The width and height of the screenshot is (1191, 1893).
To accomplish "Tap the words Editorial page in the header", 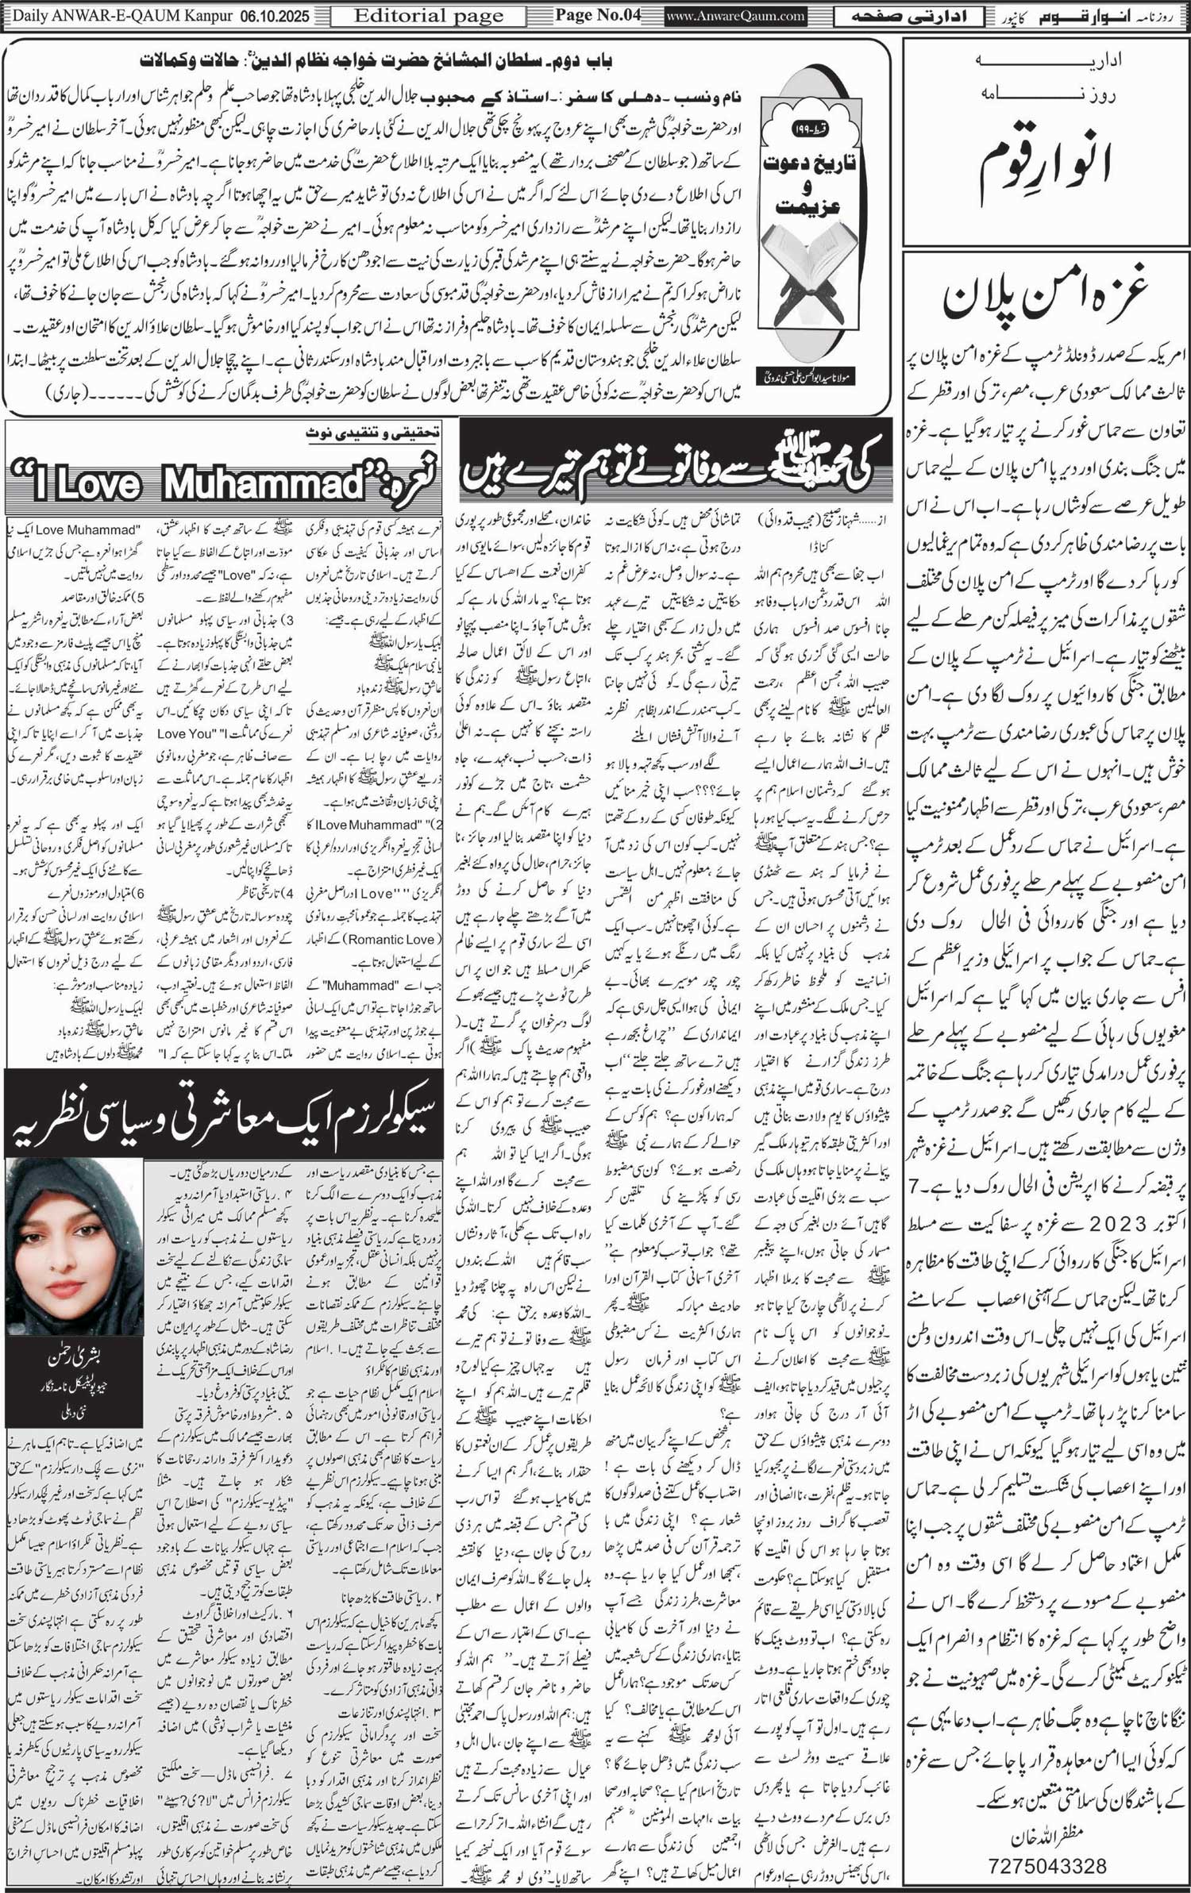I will [428, 16].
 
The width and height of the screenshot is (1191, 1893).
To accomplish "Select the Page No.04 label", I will [597, 15].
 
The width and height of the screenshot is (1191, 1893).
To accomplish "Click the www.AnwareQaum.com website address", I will [735, 16].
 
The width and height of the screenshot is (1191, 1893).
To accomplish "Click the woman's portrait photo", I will [74, 1247].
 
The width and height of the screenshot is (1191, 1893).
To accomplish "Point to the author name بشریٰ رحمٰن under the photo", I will [73, 1358].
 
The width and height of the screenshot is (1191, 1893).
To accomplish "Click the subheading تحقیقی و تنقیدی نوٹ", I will [373, 433].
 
